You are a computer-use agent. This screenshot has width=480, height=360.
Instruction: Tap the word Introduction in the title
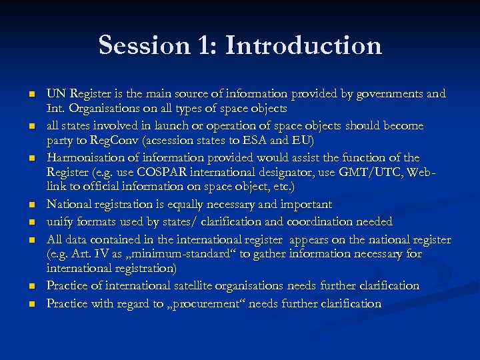pyautogui.click(x=303, y=46)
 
